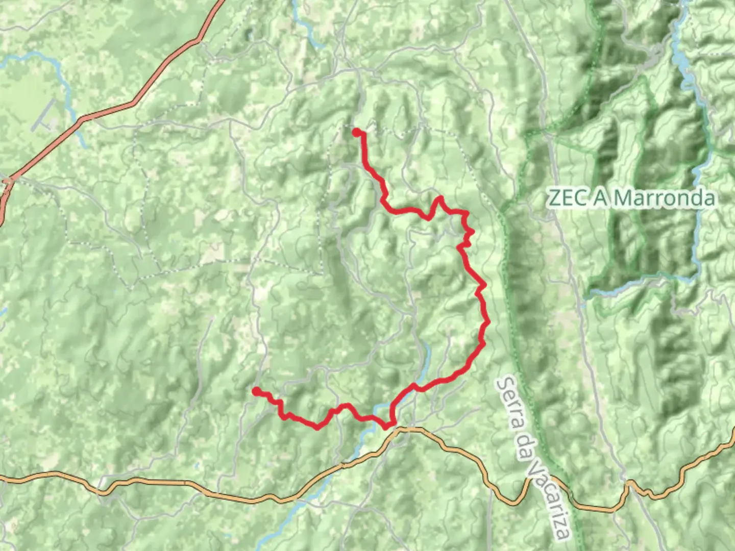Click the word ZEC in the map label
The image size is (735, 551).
[x=567, y=197]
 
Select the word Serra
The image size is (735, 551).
[x=511, y=406]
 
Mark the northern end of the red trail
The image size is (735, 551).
[x=356, y=132]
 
